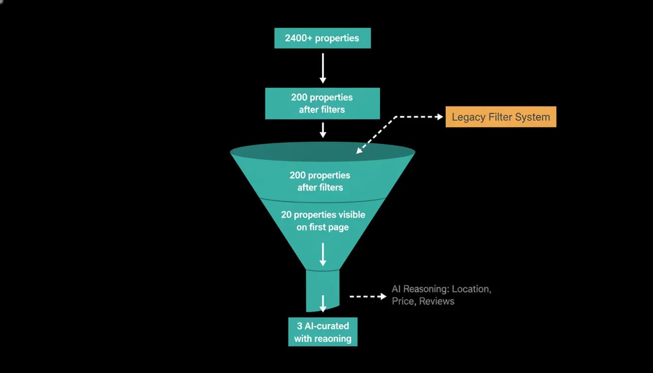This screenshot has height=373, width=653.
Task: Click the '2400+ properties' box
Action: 323,38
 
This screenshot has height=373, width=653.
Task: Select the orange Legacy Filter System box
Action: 501,117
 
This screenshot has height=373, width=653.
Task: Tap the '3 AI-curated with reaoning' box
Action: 323,332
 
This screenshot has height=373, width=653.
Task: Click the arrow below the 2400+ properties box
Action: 323,68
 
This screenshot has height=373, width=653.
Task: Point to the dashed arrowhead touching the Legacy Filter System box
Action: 440,117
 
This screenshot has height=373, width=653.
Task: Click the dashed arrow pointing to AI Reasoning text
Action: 368,296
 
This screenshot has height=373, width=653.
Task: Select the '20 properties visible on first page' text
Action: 323,221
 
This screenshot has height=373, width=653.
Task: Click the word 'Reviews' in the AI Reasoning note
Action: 436,301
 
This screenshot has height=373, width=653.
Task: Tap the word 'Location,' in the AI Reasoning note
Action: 471,289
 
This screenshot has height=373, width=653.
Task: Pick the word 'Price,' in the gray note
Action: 404,301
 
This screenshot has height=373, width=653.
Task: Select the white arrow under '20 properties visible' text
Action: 323,254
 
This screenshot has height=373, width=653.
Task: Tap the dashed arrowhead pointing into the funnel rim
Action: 360,150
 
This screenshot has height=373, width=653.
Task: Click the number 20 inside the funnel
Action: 286,215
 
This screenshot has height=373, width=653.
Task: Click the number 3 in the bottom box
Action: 299,326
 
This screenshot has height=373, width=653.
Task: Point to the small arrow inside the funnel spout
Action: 323,304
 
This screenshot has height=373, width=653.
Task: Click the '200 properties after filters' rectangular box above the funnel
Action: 323,103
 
